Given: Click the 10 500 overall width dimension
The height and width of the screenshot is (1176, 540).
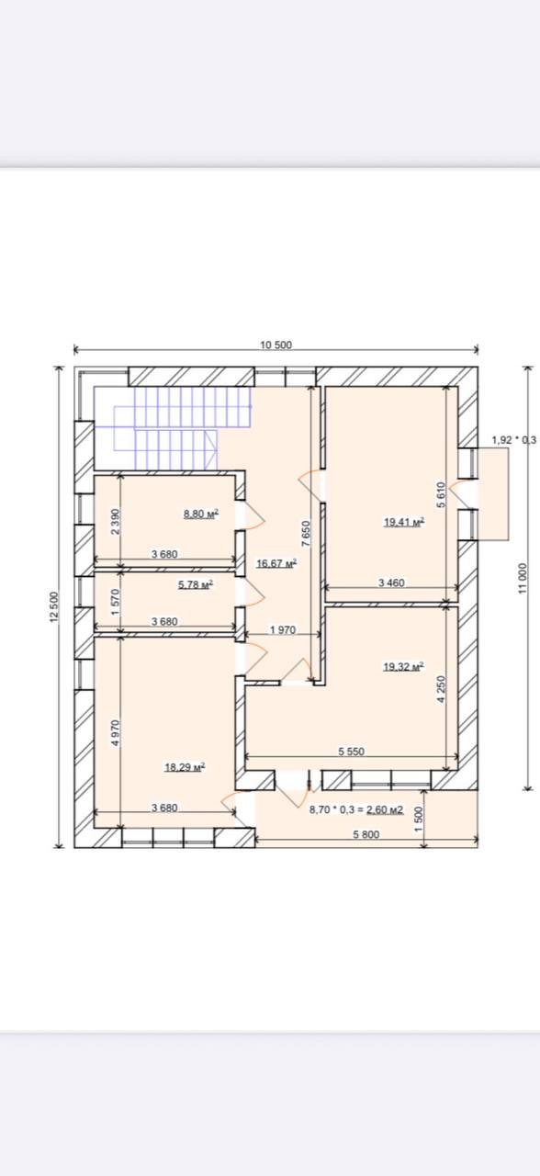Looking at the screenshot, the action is point(276,345).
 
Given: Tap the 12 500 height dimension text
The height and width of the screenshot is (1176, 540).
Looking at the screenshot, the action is point(54,607).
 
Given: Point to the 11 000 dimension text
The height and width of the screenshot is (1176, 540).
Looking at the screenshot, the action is point(522,579).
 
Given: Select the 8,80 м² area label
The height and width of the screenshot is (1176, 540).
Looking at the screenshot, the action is point(201,514).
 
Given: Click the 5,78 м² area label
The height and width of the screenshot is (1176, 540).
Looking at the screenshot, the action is point(196,584).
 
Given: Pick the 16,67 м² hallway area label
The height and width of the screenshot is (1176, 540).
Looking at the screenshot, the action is point(276,564).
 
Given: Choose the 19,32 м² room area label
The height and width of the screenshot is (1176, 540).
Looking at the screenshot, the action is point(403,667).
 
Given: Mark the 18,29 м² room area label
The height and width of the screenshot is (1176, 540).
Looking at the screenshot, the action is point(185,767).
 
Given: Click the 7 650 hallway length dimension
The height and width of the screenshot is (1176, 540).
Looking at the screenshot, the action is point(306,534).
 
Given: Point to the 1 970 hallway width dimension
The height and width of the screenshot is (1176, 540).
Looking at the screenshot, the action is point(283,629).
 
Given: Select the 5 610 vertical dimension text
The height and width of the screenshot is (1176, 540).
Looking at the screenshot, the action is point(442,494).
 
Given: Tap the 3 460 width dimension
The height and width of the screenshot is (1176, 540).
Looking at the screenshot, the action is point(391,582).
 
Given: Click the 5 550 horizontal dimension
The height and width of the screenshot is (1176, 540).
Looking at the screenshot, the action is point(351,752).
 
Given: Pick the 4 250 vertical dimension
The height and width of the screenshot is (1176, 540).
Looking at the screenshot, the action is point(442,689).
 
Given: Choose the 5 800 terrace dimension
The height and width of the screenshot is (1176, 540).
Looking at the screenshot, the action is point(366,834).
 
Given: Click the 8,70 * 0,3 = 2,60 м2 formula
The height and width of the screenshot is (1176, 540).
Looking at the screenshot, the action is point(356,809).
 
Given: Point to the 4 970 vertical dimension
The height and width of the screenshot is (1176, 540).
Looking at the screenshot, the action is point(116,733).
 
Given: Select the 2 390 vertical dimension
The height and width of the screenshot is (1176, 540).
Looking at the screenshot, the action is point(116,521).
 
